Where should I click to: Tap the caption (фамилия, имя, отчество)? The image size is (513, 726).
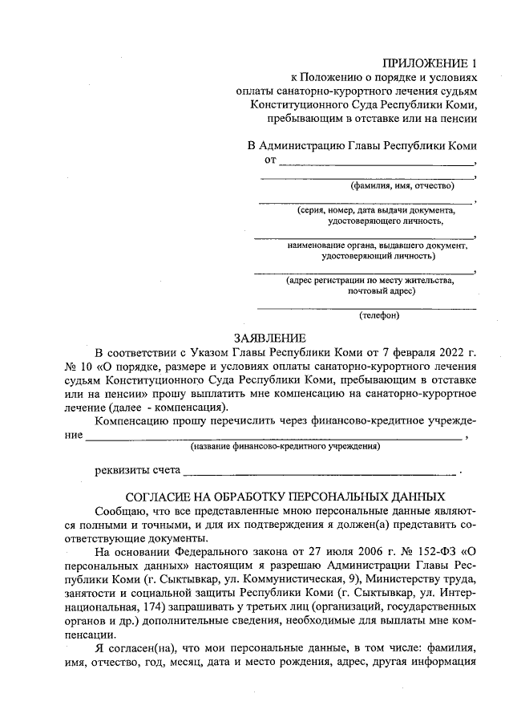(x=402, y=185)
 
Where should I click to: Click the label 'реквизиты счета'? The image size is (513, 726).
(x=137, y=469)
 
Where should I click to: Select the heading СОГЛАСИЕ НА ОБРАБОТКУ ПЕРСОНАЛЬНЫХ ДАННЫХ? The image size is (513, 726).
(x=275, y=497)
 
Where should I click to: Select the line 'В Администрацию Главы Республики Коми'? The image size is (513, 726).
(x=362, y=146)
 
